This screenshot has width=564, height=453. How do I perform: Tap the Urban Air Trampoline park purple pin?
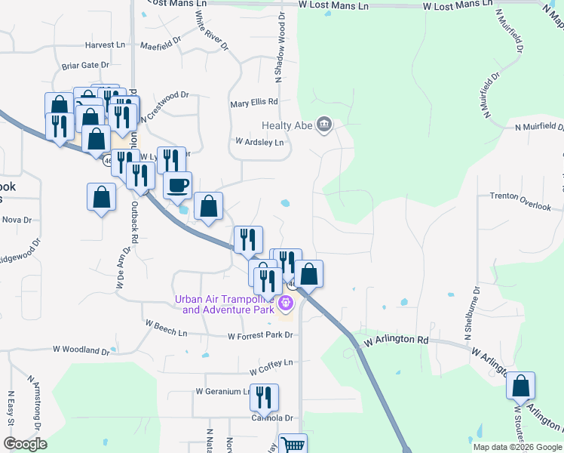(x=286, y=304)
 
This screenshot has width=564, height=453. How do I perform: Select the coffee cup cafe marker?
(x=178, y=185)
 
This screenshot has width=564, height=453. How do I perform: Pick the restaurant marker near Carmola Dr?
(x=264, y=397)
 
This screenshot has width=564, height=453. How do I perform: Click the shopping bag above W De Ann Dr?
(x=102, y=197)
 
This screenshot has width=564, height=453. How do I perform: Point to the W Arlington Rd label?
(x=396, y=341)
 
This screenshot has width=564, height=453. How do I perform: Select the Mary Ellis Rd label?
(x=254, y=102)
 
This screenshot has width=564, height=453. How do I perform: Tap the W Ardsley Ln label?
(x=259, y=141)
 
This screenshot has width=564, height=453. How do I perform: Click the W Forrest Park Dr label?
(x=259, y=335)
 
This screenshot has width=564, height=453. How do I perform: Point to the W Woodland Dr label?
(x=81, y=350)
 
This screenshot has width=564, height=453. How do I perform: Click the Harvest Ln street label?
(x=105, y=45)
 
